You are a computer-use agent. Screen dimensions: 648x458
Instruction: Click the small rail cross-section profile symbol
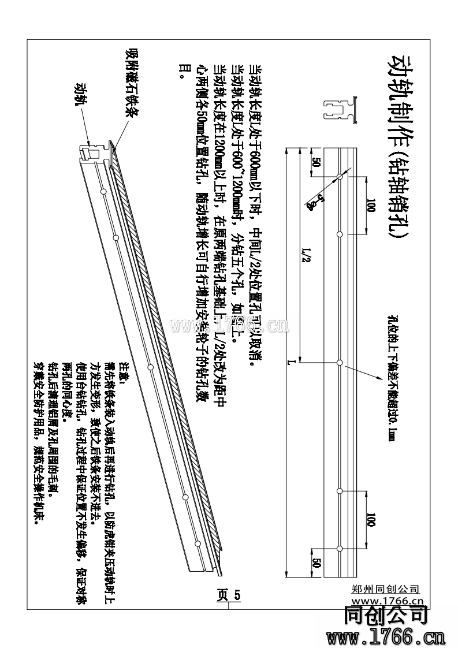coord(340,109)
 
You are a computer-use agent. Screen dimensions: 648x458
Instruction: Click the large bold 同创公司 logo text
coord(385,616)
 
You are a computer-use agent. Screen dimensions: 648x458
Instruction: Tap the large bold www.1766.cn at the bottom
coord(385,638)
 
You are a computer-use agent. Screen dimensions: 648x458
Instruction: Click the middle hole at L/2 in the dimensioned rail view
coord(340,362)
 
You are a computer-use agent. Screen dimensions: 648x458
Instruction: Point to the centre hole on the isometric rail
coord(150,366)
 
